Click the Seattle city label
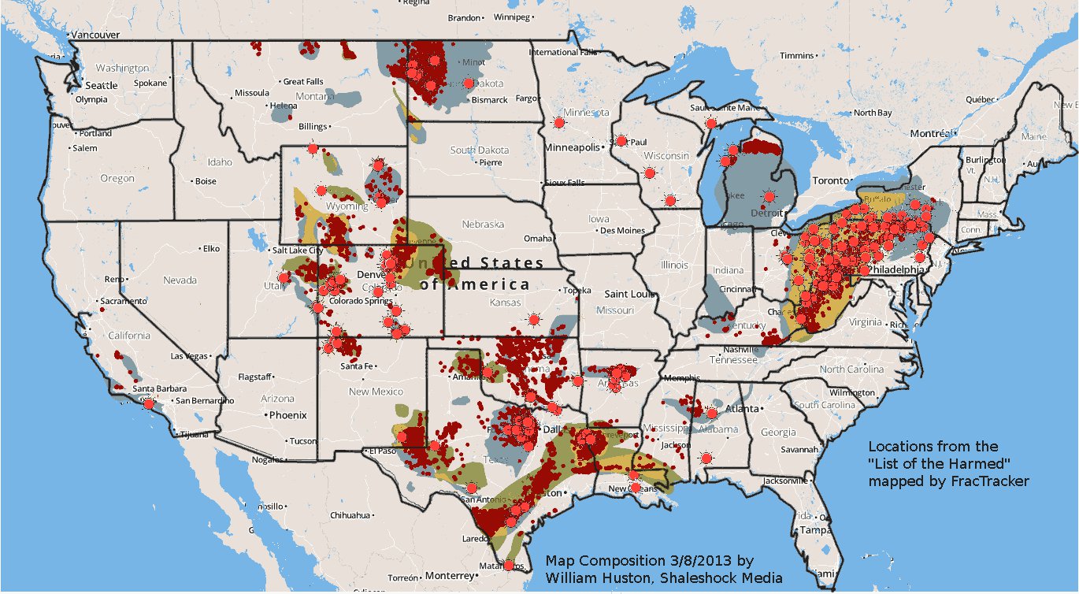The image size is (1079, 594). tap(102, 85)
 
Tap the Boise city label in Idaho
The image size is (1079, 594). tap(206, 181)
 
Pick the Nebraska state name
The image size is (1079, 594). tap(483, 225)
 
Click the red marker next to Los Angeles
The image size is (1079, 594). tap(148, 403)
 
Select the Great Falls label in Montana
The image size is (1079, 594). tap(303, 81)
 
